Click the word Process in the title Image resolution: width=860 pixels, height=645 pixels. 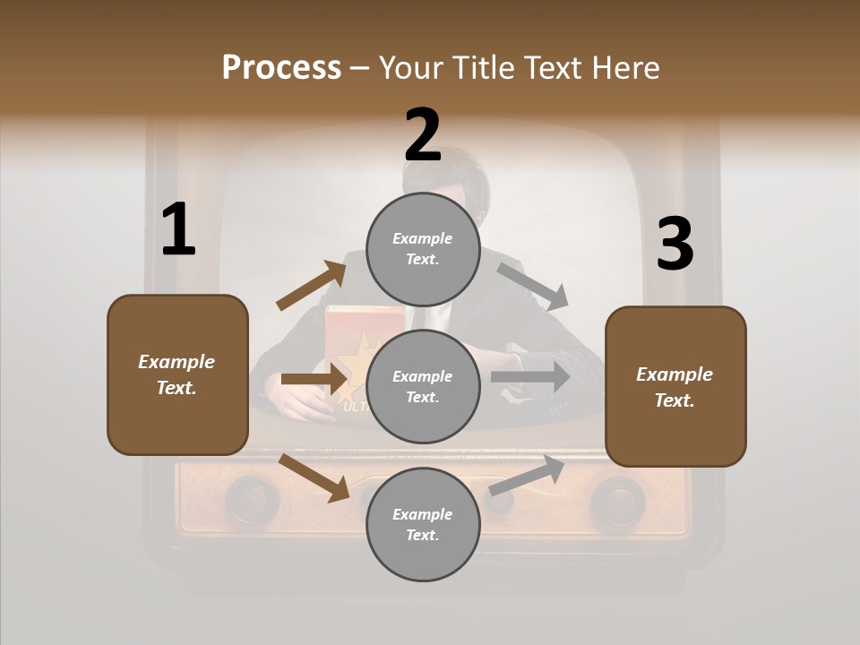[x=281, y=68]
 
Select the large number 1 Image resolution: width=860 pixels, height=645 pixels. [x=178, y=230]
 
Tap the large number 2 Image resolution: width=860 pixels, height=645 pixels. [x=423, y=136]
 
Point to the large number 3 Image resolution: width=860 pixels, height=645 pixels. [x=675, y=245]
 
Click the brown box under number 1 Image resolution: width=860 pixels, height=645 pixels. [x=177, y=374]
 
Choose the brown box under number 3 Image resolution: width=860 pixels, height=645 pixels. [x=675, y=386]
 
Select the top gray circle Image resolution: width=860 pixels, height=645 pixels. [x=423, y=249]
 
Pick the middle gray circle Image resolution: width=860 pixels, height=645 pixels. [x=423, y=386]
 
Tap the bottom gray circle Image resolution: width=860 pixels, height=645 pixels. [x=423, y=524]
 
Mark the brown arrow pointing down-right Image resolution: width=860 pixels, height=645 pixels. [x=314, y=477]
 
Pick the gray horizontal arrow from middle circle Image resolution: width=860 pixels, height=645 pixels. [x=530, y=377]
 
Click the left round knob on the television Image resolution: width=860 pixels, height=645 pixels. [x=252, y=498]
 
